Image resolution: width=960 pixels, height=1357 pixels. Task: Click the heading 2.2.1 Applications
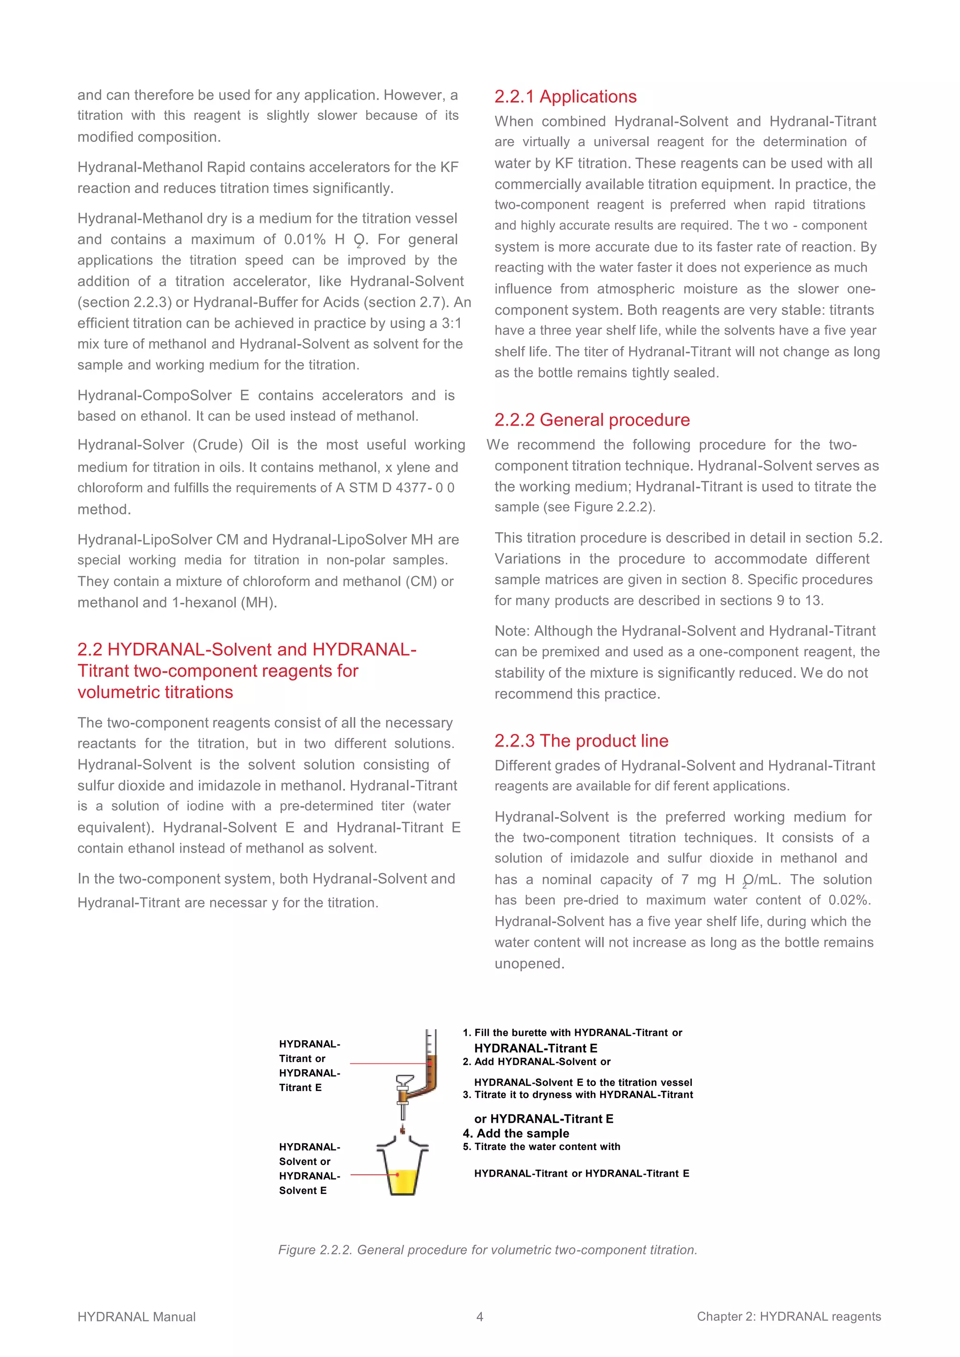[565, 96]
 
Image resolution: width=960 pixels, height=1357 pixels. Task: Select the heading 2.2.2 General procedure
[592, 420]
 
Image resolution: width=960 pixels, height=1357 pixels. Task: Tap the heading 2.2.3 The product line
[581, 741]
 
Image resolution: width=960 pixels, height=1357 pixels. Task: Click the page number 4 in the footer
[480, 1316]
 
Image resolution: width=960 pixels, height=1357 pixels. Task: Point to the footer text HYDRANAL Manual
[136, 1317]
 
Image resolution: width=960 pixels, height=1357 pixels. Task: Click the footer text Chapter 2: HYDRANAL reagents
[788, 1316]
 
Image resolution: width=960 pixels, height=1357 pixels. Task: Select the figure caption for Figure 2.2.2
[487, 1249]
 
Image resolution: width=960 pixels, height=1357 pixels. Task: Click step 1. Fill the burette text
[572, 1032]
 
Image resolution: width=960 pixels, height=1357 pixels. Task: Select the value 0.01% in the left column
[305, 239]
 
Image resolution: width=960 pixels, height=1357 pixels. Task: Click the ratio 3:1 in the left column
[451, 323]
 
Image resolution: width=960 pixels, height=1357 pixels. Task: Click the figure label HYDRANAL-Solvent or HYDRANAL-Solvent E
[309, 1168]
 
